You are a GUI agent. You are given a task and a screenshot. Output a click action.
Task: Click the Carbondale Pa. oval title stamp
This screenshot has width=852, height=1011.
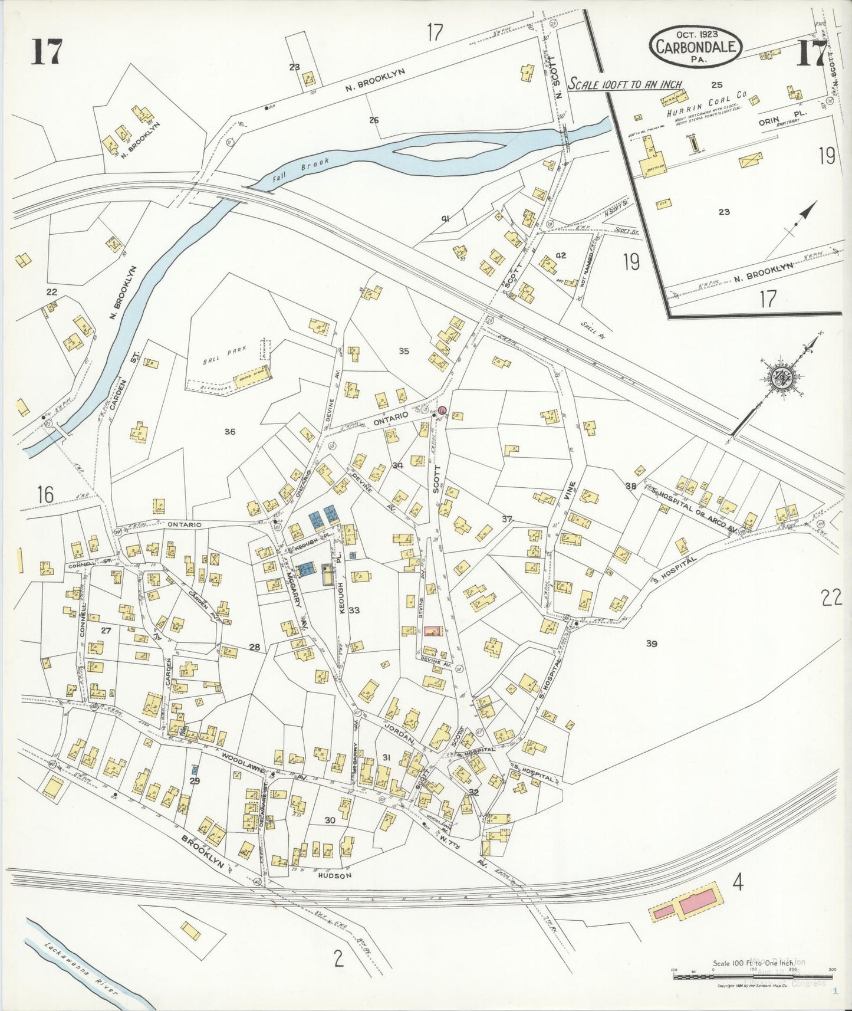point(696,45)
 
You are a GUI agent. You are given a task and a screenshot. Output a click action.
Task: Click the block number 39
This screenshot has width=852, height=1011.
point(651,644)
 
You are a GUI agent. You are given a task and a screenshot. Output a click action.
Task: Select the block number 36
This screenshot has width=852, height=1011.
point(230,432)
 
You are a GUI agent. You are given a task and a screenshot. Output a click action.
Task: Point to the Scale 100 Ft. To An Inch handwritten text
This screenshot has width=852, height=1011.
point(625,84)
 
